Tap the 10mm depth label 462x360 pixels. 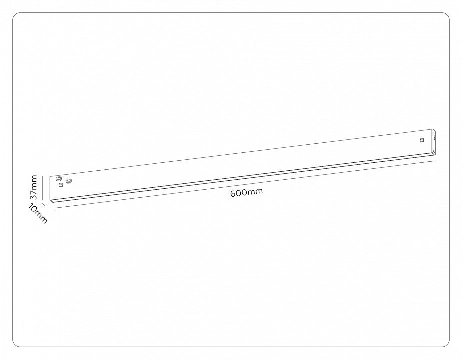38,213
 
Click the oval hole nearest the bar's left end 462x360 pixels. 59,178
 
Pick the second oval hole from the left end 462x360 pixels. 69,180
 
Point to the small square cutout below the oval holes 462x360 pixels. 61,185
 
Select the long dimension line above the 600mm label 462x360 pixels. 245,184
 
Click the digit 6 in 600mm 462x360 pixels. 233,194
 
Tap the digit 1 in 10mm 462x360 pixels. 31,206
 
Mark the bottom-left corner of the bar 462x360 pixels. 52,202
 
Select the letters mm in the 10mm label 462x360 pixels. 41,217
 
